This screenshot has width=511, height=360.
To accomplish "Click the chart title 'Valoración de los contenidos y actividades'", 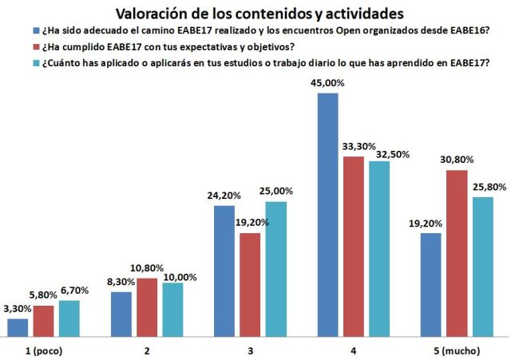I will (x=259, y=14).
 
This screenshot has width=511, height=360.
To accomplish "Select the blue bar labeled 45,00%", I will (x=327, y=216).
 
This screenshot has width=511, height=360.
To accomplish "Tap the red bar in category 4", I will (x=353, y=247).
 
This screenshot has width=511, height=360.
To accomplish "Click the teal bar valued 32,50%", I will (x=378, y=249).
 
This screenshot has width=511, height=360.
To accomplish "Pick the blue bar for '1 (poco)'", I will (x=18, y=328).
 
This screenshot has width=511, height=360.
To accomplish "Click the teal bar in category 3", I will (x=275, y=270).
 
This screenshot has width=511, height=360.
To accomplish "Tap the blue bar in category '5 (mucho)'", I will (x=430, y=285).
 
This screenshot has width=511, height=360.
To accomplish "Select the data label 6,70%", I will (x=70, y=292).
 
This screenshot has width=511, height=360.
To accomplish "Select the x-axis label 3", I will (x=250, y=350).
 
